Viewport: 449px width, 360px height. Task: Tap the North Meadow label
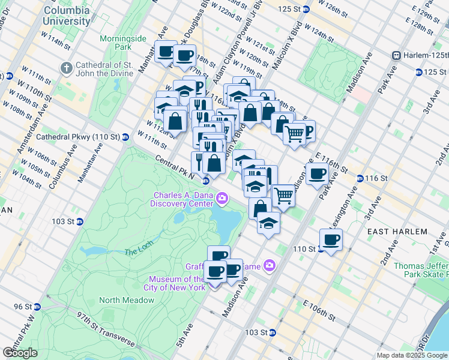(119, 300)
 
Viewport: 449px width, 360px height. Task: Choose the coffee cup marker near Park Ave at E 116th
(318, 174)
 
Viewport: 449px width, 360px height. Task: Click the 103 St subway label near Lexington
(259, 332)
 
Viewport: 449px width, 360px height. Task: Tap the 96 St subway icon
(37, 307)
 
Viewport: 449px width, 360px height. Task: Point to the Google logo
(20, 353)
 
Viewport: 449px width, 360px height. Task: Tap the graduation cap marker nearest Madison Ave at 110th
(268, 223)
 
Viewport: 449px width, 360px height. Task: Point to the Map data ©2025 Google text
(411, 355)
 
